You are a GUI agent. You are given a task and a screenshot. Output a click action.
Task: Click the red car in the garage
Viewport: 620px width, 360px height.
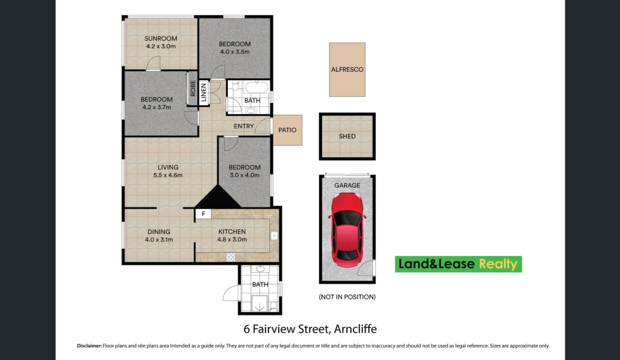pyautogui.click(x=347, y=230)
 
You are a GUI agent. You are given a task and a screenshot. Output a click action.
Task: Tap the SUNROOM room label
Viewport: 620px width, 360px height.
pyautogui.click(x=161, y=38)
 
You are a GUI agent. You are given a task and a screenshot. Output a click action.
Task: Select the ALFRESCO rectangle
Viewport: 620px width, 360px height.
pyautogui.click(x=347, y=69)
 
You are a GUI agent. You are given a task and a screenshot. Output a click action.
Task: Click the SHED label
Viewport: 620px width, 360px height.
pyautogui.click(x=347, y=136)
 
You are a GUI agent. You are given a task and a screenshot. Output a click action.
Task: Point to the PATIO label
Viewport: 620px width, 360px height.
pyautogui.click(x=287, y=130)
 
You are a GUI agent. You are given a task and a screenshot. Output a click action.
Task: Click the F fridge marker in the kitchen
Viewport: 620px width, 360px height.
pyautogui.click(x=203, y=214)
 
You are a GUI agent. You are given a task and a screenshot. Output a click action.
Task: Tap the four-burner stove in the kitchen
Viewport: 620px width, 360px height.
pyautogui.click(x=231, y=257)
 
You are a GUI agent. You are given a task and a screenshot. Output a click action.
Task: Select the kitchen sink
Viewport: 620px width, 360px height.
pyautogui.click(x=274, y=235)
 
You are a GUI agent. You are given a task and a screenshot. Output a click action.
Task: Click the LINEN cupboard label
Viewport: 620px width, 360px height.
pyautogui.click(x=203, y=92)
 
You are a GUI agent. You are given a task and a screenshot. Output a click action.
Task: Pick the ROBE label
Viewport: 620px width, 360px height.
pyautogui.click(x=193, y=88)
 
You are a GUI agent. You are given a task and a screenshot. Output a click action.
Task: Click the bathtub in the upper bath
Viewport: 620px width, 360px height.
pyautogui.click(x=256, y=87)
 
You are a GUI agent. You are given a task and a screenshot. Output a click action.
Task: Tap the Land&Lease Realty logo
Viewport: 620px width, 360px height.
pyautogui.click(x=458, y=264)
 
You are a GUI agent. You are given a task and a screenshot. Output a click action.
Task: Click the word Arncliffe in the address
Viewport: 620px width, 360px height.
pyautogui.click(x=355, y=329)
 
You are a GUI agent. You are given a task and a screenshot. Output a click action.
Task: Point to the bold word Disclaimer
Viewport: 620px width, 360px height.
pyautogui.click(x=89, y=345)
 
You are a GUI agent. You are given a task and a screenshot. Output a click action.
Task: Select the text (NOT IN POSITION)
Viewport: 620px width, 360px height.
pyautogui.click(x=347, y=297)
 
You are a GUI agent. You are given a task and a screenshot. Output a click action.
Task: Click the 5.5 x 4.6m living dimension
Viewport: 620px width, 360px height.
pyautogui.click(x=168, y=175)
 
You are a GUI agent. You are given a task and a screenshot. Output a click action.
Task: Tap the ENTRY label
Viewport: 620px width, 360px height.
pyautogui.click(x=243, y=126)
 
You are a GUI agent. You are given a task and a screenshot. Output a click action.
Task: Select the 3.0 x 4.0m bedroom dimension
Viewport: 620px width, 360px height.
pyautogui.click(x=244, y=175)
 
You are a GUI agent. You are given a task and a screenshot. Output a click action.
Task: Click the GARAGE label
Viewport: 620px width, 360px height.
pyautogui.click(x=347, y=185)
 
